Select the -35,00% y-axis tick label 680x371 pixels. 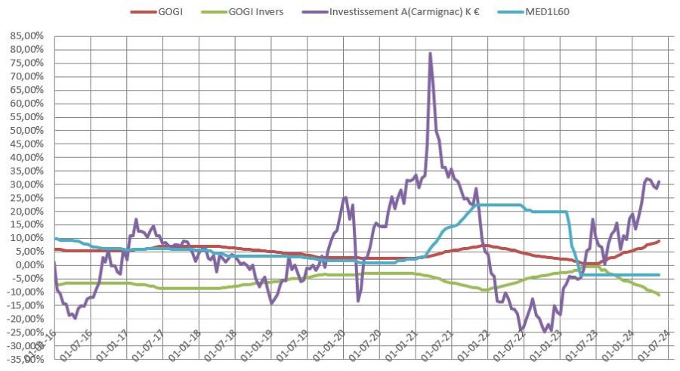[x=23, y=359]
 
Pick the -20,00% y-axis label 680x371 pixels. [x=23, y=318]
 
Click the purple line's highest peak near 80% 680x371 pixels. [x=430, y=54]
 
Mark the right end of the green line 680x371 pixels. [x=660, y=295]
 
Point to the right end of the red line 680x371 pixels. [x=660, y=241]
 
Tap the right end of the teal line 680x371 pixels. [x=660, y=275]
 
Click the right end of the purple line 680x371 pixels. [x=660, y=181]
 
